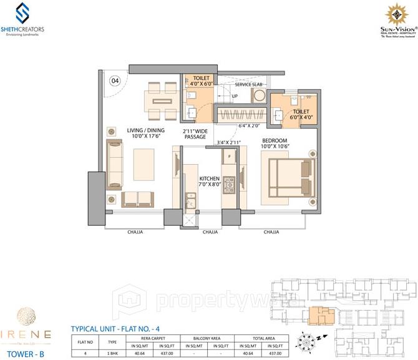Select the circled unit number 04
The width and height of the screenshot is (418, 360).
115,80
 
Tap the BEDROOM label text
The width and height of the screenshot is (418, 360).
275,141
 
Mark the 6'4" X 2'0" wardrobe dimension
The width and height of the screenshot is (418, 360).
249,125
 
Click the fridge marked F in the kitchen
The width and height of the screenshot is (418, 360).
230,155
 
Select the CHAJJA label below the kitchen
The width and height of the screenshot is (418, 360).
210,231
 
